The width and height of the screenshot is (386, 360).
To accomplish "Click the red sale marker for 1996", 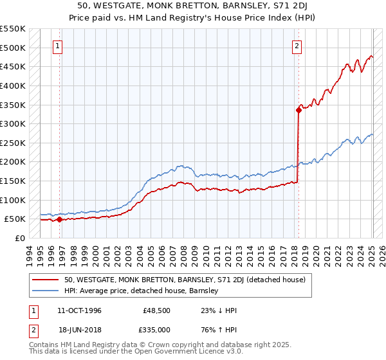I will click(x=59, y=219).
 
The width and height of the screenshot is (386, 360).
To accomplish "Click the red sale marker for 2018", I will click(x=299, y=110).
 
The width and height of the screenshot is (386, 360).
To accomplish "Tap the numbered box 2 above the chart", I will click(x=297, y=46).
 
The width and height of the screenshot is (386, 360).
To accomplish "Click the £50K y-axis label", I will click(x=15, y=219).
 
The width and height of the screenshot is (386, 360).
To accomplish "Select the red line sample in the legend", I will click(x=46, y=280).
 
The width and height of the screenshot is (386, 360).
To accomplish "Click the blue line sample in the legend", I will click(x=46, y=291).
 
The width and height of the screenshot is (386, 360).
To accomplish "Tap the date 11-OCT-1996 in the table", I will click(x=79, y=310).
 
